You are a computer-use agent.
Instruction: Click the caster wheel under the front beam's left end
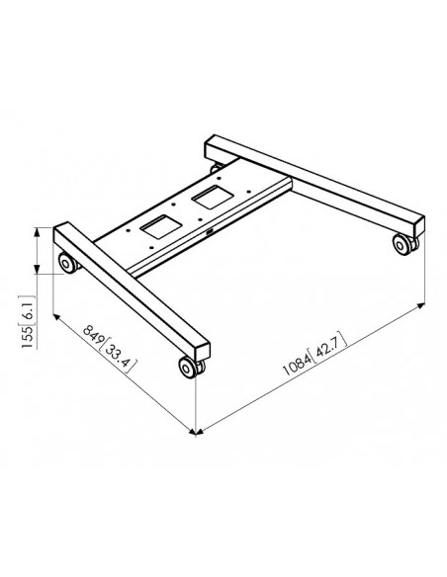(x=67, y=263)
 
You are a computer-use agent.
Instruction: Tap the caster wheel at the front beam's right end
(x=188, y=368)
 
